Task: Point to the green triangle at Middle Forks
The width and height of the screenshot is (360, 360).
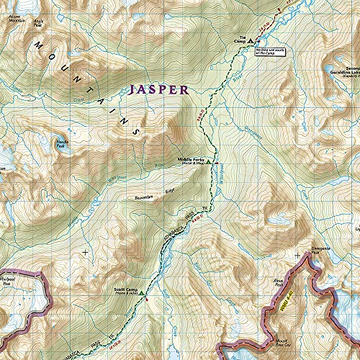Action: (208, 163)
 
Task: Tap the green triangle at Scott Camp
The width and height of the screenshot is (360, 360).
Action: (142, 294)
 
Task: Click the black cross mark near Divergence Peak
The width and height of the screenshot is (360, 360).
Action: (297, 255)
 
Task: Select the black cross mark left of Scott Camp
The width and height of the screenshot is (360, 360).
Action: (85, 252)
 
